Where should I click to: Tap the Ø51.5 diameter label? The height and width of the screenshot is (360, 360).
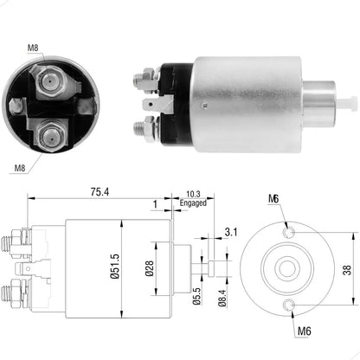point(125,269)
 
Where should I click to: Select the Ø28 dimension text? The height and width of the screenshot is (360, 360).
point(149,269)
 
